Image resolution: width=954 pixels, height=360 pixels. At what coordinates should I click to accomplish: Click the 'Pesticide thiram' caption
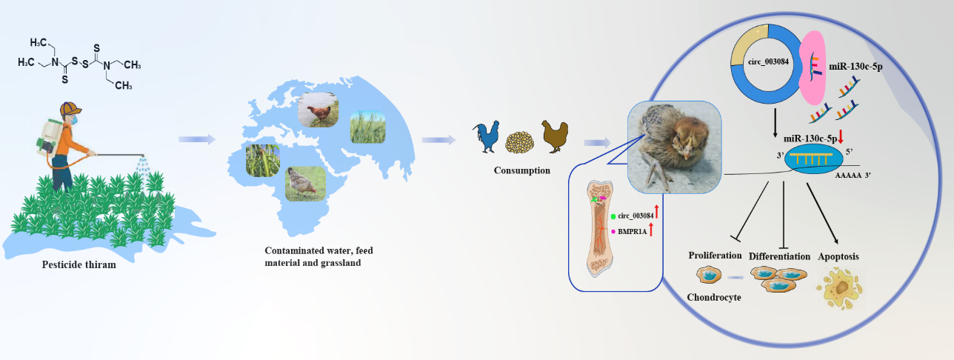[x=79, y=264]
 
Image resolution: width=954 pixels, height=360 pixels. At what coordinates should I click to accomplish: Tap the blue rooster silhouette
[x=486, y=136]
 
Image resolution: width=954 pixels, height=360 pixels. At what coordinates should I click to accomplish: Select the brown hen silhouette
[x=555, y=136]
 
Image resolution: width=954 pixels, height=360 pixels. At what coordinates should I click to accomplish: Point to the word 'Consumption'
[x=521, y=170]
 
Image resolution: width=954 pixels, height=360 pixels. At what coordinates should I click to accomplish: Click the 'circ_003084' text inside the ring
[x=768, y=61]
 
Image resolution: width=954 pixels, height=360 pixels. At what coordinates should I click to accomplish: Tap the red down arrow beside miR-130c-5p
[x=841, y=136]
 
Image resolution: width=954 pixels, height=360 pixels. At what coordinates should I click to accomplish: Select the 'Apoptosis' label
[x=838, y=256]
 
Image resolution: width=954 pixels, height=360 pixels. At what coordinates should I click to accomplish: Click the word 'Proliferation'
[x=715, y=256]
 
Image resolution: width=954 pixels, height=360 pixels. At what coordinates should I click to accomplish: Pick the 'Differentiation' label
[x=779, y=256]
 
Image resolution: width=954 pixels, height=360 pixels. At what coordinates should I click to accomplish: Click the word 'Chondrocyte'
[x=714, y=297]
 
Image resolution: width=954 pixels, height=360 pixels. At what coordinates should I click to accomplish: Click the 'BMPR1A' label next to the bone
[x=632, y=232]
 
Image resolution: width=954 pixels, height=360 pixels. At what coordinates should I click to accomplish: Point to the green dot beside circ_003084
[x=613, y=216]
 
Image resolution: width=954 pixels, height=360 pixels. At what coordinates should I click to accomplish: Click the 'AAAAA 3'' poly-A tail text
[x=853, y=175]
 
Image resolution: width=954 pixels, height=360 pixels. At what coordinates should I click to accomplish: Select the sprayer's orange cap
[x=70, y=108]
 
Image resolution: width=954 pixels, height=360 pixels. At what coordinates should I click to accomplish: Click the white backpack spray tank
[x=50, y=136]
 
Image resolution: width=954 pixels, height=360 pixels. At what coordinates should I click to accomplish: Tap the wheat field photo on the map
[x=368, y=127]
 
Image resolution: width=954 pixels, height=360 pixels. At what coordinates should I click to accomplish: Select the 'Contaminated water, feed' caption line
[x=318, y=250]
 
